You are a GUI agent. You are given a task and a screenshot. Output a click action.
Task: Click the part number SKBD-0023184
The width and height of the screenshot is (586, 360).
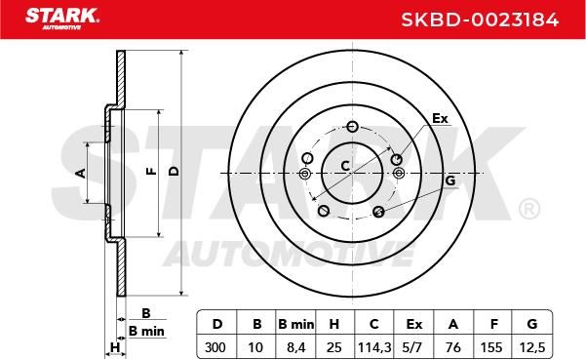click(480, 20)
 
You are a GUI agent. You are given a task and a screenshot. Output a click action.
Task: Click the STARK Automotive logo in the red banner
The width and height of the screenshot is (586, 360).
click(62, 19)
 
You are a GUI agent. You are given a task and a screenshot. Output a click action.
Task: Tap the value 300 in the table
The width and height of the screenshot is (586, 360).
click(215, 347)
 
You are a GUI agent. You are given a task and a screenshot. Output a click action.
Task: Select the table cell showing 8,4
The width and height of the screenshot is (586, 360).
click(296, 347)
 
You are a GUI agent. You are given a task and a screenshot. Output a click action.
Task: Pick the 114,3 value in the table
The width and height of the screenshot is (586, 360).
click(374, 347)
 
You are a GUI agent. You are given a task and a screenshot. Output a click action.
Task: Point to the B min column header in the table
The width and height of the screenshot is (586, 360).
click(296, 324)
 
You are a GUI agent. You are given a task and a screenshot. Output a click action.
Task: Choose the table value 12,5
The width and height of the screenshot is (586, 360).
click(532, 347)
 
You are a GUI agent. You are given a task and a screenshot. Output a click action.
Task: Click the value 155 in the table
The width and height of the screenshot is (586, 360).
click(491, 347)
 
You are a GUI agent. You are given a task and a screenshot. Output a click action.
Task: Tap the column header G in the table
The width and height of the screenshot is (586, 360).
click(532, 324)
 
